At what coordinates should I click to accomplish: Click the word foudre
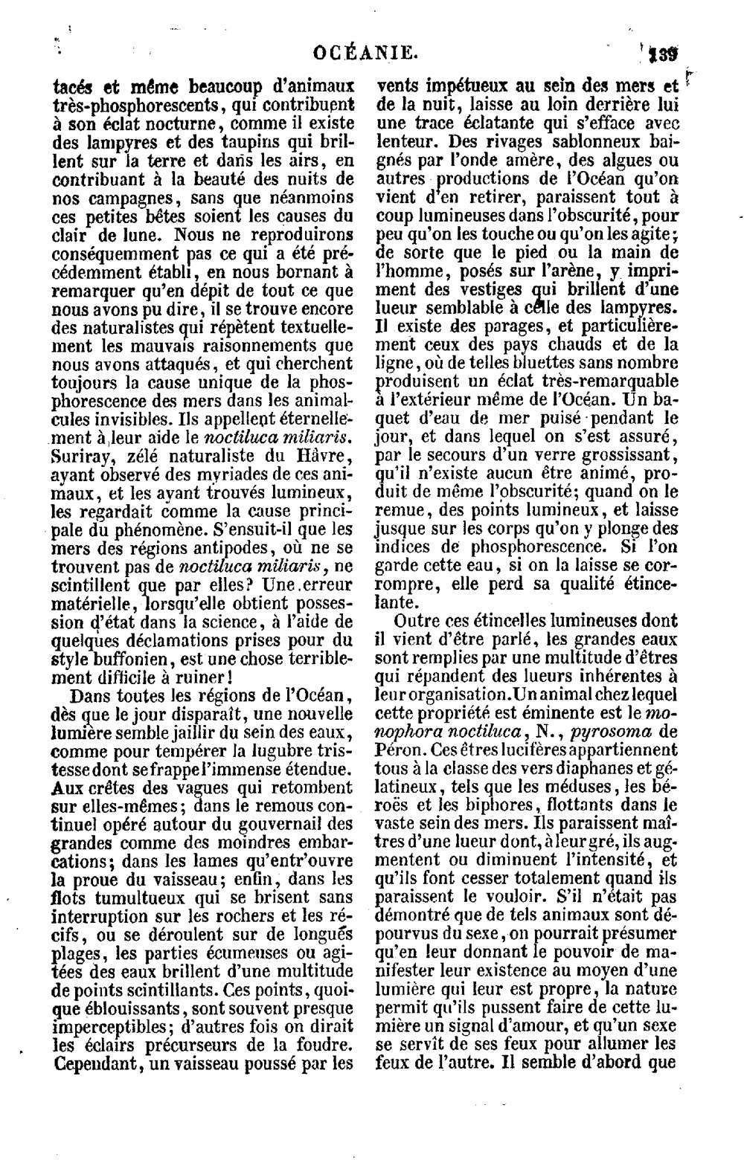pos(327,1045)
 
